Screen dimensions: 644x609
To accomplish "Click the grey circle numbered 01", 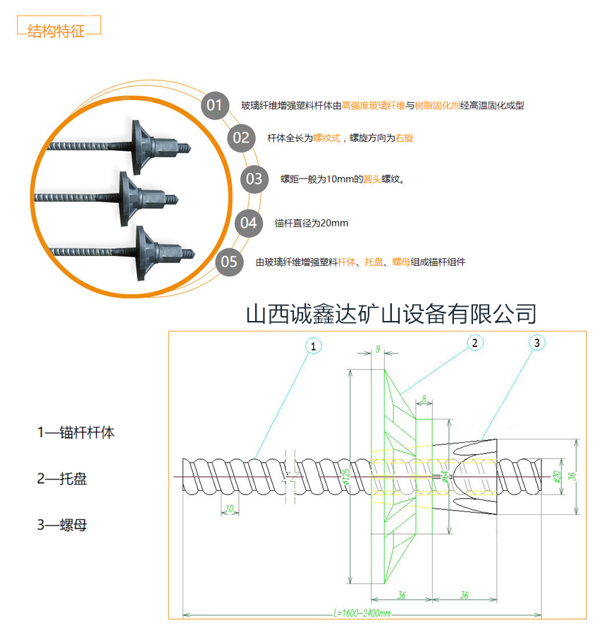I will (214, 106).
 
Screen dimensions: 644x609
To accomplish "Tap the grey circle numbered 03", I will (254, 178).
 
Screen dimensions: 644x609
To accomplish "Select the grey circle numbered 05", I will (229, 262).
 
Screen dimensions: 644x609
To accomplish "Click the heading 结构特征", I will (56, 32).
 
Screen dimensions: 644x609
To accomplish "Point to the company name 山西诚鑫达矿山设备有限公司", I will (390, 313).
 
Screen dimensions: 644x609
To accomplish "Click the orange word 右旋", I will (405, 138).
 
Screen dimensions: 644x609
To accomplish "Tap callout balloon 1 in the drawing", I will (314, 345).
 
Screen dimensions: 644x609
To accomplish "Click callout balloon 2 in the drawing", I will (475, 343).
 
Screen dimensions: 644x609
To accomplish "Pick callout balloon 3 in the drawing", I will (537, 343).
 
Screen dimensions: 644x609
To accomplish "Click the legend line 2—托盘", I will (62, 479).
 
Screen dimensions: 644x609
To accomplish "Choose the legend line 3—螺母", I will (62, 525).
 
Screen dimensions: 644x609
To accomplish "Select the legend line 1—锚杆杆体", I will (75, 432).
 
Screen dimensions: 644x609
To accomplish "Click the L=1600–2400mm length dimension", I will (362, 614).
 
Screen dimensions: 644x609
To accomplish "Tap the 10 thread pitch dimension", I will (228, 508).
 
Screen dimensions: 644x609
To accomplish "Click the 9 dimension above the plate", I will (378, 349).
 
